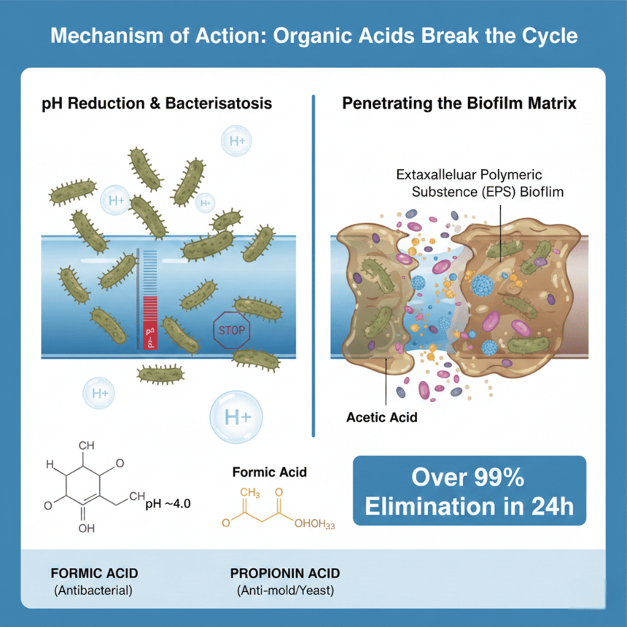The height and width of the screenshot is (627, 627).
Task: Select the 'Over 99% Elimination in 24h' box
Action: click(470, 491)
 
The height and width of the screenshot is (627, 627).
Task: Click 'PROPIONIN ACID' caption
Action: click(285, 573)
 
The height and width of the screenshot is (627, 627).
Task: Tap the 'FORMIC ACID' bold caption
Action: click(93, 573)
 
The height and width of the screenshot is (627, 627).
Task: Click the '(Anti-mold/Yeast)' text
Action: click(285, 590)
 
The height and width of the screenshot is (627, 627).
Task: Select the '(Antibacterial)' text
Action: click(93, 590)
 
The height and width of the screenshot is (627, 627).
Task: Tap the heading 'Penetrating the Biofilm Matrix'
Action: click(459, 104)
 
